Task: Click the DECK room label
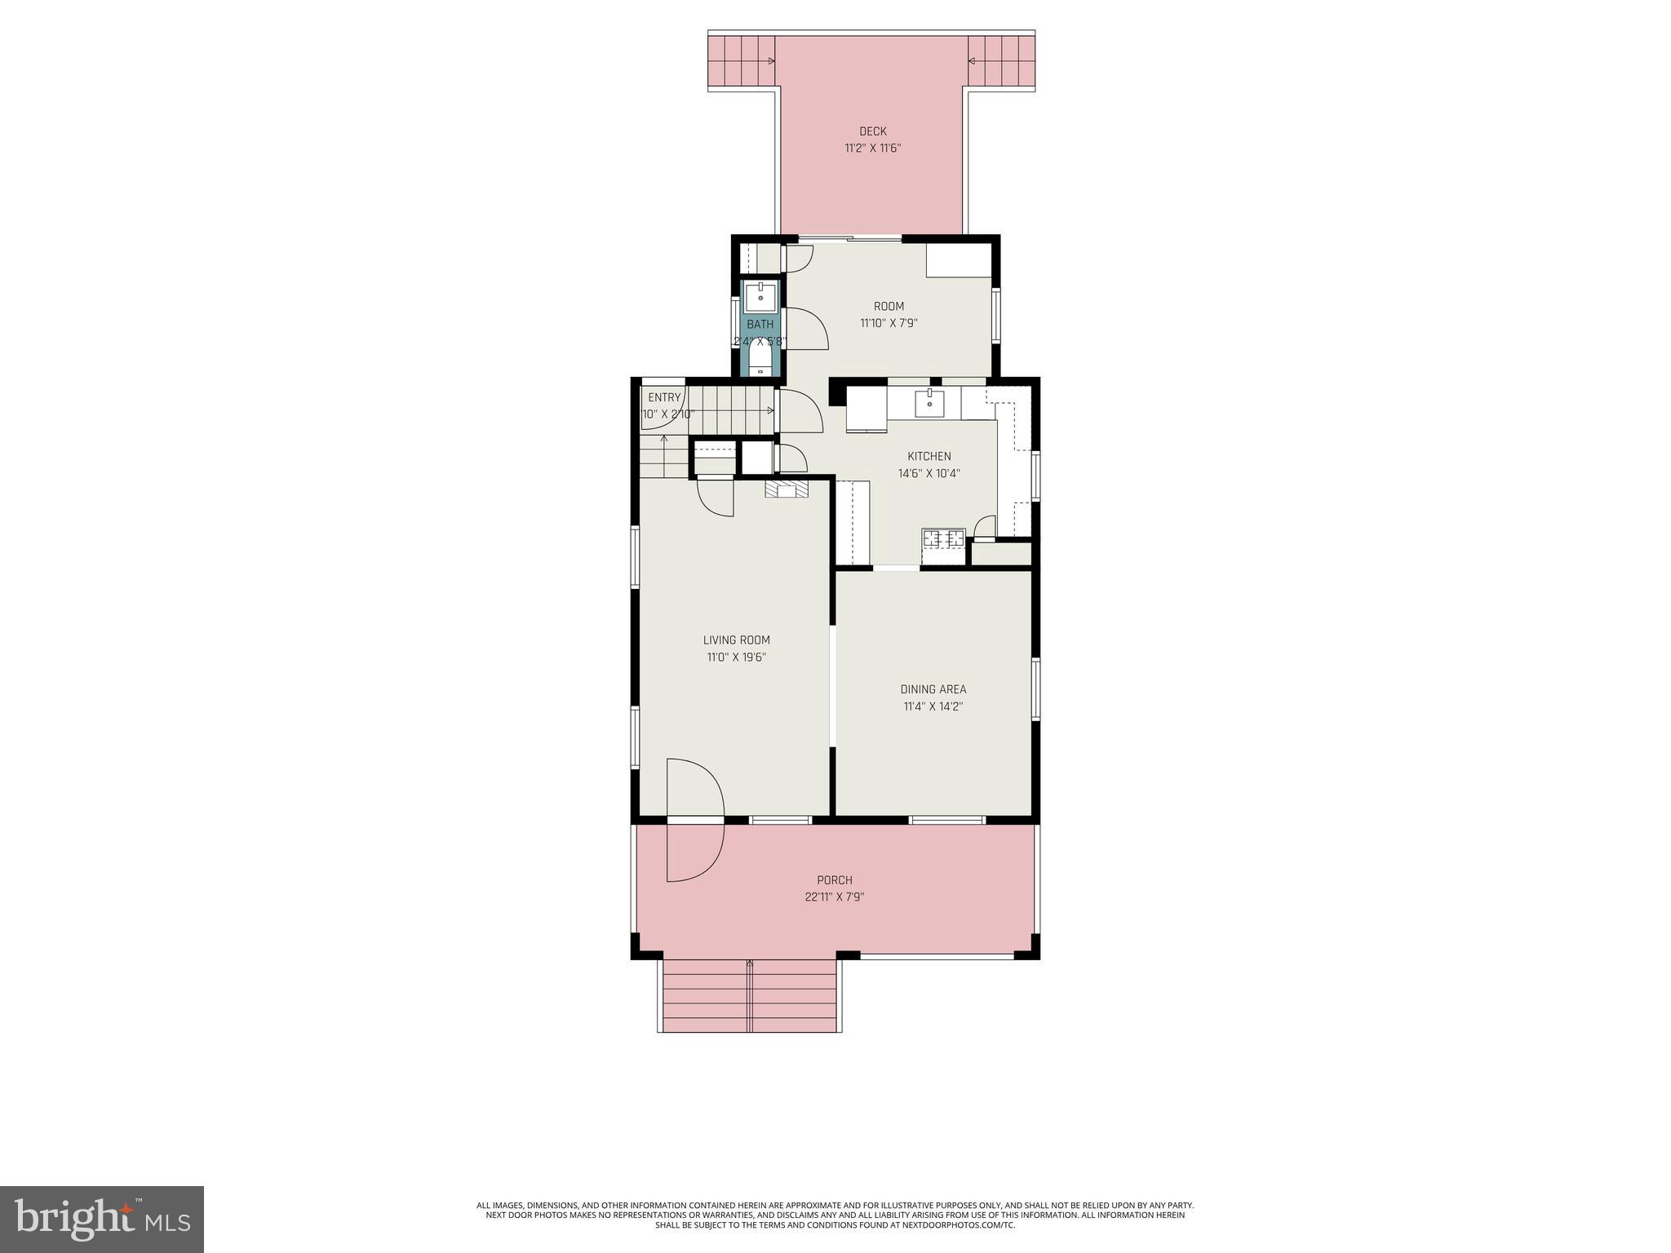pos(872,131)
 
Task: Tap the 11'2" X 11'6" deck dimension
pos(872,148)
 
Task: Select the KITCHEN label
pos(929,456)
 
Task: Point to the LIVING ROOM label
pos(736,640)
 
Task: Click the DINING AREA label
pos(933,689)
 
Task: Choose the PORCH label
pos(835,880)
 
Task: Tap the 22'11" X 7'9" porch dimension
pos(835,897)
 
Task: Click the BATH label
pos(760,325)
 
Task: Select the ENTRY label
pos(664,397)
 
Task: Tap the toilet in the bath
pos(760,359)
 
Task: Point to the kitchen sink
pos(929,401)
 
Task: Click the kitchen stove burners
pos(943,538)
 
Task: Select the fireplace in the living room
pos(787,489)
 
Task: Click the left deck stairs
pos(741,60)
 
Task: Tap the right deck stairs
pos(1001,60)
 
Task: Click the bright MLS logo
pos(102,1219)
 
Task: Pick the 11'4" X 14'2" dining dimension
pos(933,706)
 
